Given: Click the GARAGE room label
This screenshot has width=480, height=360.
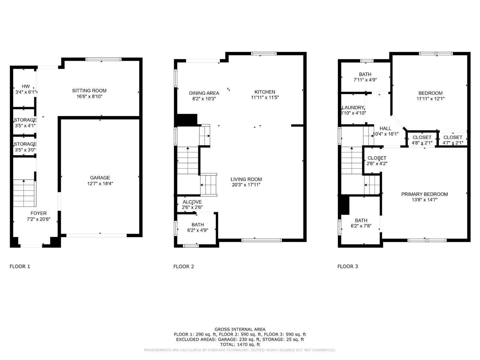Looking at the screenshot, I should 100,178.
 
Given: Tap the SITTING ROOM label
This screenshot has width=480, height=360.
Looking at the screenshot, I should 89,91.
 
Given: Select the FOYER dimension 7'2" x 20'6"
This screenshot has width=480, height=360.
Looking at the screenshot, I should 38,220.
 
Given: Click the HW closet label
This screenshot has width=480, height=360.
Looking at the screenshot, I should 26,86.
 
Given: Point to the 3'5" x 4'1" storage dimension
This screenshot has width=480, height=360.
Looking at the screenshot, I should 25,126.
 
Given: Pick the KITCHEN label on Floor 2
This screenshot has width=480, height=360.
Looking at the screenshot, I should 265,92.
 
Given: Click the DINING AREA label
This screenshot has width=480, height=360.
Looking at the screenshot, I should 204,93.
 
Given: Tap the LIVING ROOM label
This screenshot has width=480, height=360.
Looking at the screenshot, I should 246,179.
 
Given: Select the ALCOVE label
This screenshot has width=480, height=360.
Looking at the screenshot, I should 192,202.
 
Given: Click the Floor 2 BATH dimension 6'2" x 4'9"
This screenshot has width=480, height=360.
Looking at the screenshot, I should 197,230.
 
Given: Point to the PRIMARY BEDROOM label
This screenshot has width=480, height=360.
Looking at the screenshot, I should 424,194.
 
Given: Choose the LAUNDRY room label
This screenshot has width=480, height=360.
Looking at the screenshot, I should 353,108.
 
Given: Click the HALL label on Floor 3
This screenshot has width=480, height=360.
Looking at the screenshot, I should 385,128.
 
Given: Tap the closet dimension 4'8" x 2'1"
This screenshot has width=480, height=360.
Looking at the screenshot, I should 422,143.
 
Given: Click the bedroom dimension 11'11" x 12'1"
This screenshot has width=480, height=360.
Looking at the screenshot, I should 430,99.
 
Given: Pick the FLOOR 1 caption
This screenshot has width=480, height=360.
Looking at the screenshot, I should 20,266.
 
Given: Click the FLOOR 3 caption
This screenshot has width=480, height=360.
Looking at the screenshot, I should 348,266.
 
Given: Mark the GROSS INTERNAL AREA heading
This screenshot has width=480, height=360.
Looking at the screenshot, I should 240,329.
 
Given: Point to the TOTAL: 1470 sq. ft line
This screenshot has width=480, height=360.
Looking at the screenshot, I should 240,345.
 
